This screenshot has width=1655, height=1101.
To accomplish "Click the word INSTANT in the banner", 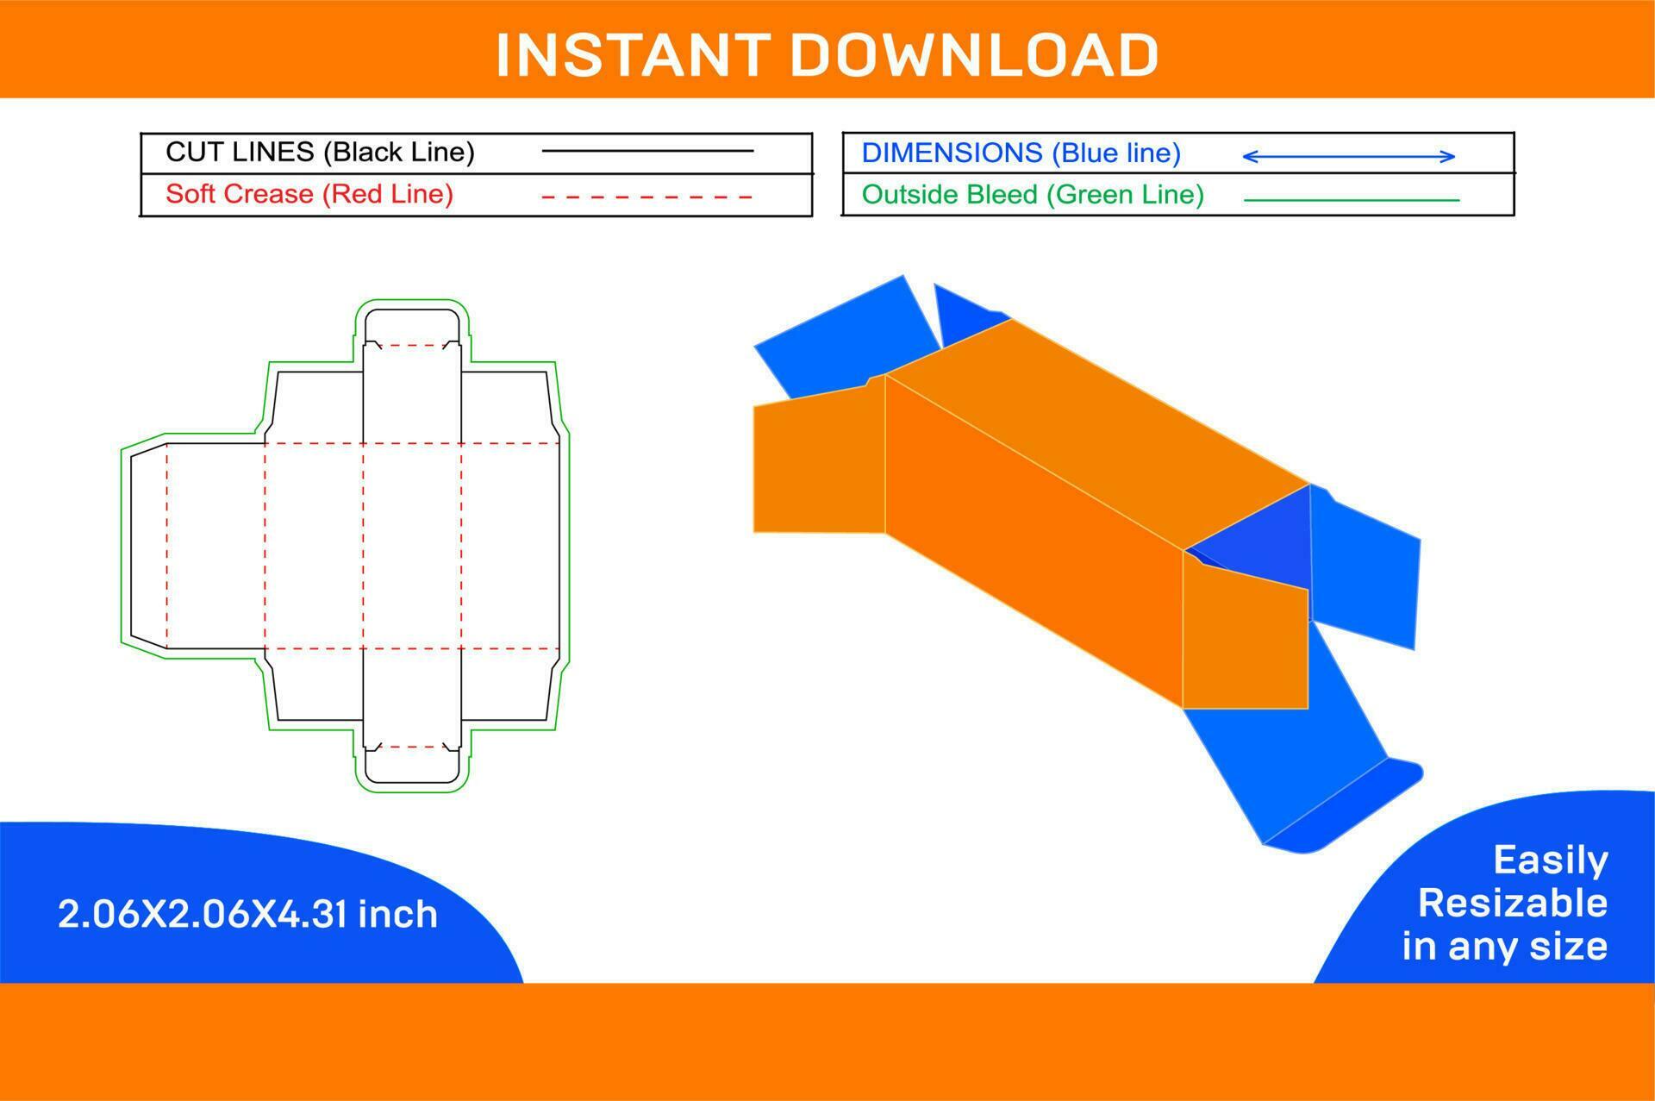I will point(632,54).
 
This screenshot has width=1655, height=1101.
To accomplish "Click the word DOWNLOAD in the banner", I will point(974,54).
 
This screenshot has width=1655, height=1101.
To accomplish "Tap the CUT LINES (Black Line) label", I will point(320,152).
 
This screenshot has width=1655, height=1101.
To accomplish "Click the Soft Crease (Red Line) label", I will point(309,194).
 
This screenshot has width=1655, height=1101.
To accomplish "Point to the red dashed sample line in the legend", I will point(646,197).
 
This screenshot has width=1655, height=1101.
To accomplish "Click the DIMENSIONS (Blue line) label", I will point(1021,153).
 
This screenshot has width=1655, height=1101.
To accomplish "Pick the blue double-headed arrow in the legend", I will point(1348,156).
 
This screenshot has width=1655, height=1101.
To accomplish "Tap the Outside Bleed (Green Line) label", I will point(1032,195).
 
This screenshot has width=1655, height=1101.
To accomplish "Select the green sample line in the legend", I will point(1351,200).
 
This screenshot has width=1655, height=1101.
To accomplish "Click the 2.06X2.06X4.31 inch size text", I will point(247,914).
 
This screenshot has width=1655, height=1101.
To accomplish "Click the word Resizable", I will point(1512,903).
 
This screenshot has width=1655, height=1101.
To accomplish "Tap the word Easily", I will point(1550,860).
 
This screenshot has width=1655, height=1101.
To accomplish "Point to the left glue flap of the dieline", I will point(148,546).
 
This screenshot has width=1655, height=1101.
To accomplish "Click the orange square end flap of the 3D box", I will point(1246,642).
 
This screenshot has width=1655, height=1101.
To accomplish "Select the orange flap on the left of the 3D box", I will point(817,466).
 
